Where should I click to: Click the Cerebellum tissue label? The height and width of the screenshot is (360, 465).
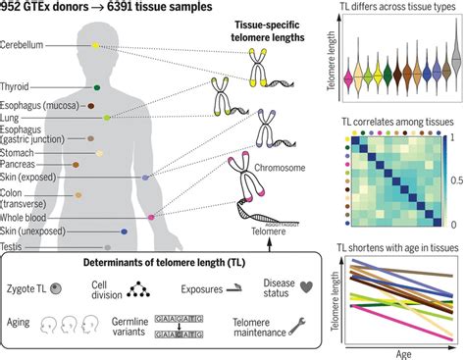point(26,45)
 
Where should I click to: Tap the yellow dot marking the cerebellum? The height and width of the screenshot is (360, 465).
point(95,46)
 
